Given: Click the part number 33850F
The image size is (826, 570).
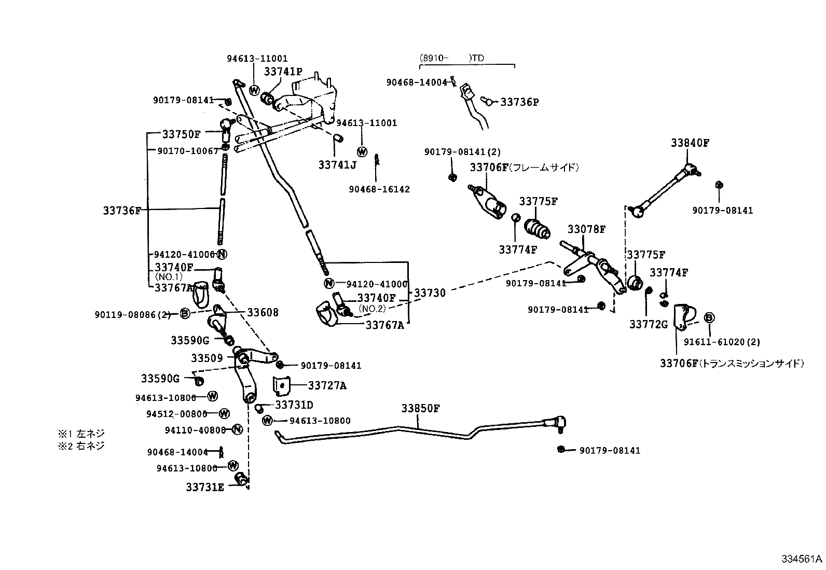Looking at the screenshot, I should click(x=420, y=408).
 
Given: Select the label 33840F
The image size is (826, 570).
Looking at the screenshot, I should click(x=690, y=143).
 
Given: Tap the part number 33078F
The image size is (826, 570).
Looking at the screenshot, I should click(x=586, y=229).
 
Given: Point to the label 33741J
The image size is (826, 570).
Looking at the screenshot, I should click(x=337, y=165).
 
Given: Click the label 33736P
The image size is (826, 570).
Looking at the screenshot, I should click(x=519, y=102).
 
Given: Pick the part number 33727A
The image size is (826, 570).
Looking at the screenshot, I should click(x=327, y=385).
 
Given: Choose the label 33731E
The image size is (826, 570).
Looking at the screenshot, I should click(x=205, y=488).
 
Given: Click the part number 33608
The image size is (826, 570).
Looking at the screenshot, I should click(x=263, y=312).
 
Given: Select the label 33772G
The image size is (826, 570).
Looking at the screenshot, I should click(x=649, y=325).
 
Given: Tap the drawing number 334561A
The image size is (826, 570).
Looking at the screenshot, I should click(x=802, y=559).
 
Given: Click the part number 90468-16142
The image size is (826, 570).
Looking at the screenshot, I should click(x=379, y=189).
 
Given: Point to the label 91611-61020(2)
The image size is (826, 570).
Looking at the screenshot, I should click(x=721, y=342).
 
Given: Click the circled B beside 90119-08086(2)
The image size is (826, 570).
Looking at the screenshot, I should click(x=185, y=313).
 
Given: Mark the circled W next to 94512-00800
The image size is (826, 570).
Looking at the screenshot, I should click(x=224, y=413).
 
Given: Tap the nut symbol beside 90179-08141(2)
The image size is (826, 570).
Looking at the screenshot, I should click(x=452, y=177).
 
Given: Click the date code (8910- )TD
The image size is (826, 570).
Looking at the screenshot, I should click(x=451, y=58).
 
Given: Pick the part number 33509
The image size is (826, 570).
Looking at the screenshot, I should click(x=206, y=358).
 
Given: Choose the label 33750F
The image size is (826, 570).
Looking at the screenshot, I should click(x=181, y=134).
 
